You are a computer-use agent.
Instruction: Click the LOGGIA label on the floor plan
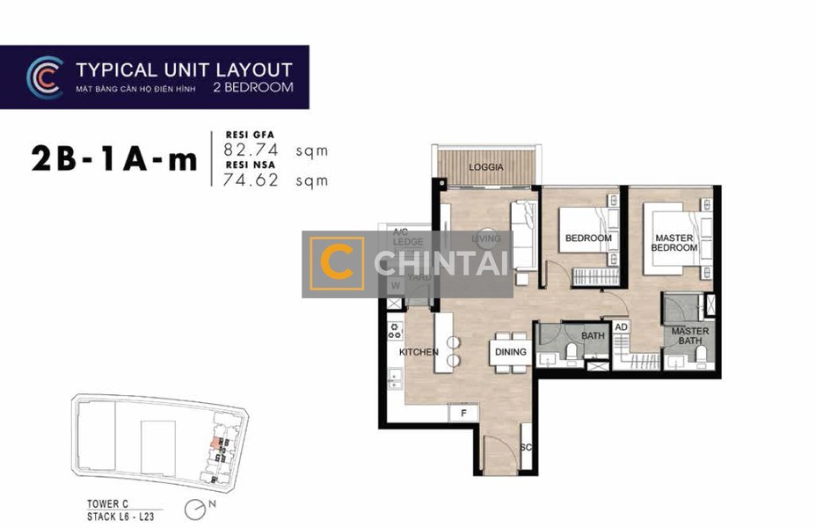tap(485, 167)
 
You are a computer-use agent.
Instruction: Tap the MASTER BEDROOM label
tap(674, 243)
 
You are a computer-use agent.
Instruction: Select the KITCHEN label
tap(419, 352)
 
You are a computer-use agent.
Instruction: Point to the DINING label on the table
tap(510, 352)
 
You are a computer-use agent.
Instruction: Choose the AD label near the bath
tap(621, 327)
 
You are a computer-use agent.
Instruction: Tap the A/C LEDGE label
tap(408, 237)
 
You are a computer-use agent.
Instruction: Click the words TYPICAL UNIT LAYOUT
tap(184, 70)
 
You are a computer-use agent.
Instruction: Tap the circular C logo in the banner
tap(43, 77)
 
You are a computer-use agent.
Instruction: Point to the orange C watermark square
tap(338, 263)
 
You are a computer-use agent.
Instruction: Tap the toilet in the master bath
tap(702, 355)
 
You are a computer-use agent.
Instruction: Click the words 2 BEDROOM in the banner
tap(253, 88)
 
